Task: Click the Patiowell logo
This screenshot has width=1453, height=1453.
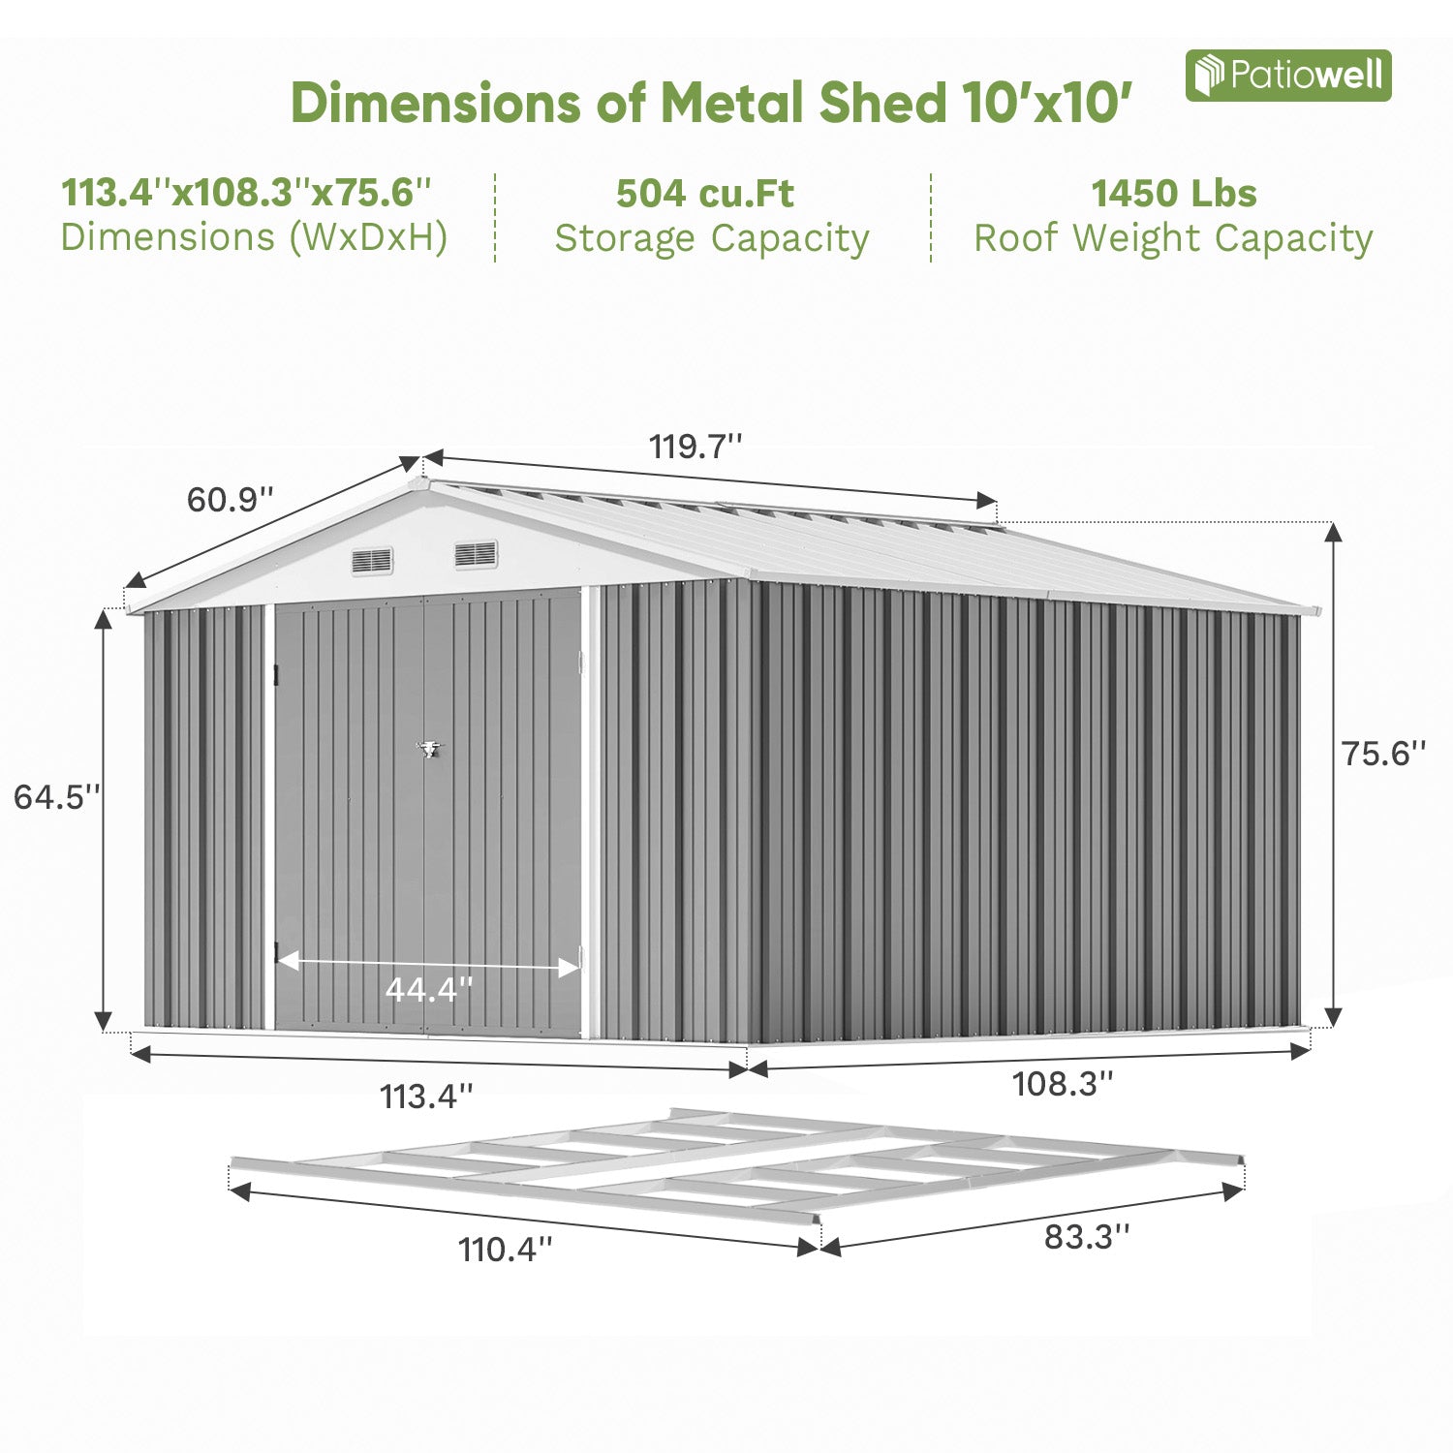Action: point(1287,76)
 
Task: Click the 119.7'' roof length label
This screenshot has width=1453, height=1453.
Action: point(696,447)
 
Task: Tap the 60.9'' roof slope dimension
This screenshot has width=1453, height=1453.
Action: point(231,500)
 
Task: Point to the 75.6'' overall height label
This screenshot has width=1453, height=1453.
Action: point(1383,753)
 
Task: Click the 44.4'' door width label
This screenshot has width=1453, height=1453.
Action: point(428,990)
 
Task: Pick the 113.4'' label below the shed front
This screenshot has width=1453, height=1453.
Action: point(426,1097)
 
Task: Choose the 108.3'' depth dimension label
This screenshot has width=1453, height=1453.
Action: point(1063,1083)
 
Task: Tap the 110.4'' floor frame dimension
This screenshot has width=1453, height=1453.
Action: point(506,1250)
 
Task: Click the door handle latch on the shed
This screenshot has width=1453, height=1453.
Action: point(427,748)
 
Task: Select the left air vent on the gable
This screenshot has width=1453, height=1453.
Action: point(372,560)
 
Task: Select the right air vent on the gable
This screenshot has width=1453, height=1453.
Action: point(476,554)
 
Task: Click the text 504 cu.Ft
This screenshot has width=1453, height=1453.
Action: point(704,194)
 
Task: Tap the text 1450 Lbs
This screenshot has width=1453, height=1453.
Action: point(1173,194)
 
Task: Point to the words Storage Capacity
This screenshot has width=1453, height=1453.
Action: point(712,238)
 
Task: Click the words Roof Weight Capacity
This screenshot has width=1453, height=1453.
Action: point(1173,238)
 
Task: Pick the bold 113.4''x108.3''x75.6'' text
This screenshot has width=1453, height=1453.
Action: point(246,193)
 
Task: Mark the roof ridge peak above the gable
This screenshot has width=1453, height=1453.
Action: point(421,479)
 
